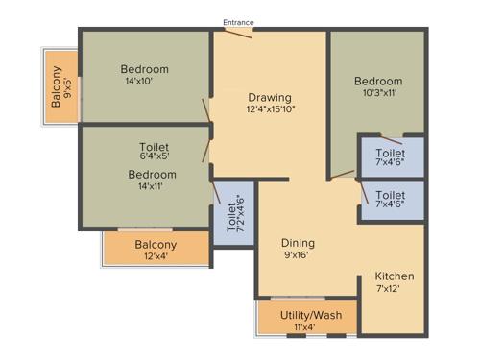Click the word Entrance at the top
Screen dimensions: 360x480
(x=238, y=21)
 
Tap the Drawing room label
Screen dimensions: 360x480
(x=270, y=97)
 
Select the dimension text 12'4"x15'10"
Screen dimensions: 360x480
(x=270, y=109)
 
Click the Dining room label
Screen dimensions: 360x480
(x=298, y=244)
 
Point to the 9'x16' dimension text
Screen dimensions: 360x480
(x=298, y=256)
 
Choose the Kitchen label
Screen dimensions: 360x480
(x=394, y=276)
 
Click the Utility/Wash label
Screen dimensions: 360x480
(x=304, y=315)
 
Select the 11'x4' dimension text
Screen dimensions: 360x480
(x=304, y=327)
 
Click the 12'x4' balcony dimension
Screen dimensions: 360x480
(x=156, y=257)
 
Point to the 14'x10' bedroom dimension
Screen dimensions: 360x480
(x=145, y=82)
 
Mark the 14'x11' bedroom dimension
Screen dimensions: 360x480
(x=154, y=186)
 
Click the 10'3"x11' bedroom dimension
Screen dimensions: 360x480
(x=377, y=93)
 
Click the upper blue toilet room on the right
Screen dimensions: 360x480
(x=391, y=157)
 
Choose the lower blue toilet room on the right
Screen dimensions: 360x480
(x=391, y=200)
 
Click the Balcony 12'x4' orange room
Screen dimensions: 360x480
(x=156, y=250)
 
